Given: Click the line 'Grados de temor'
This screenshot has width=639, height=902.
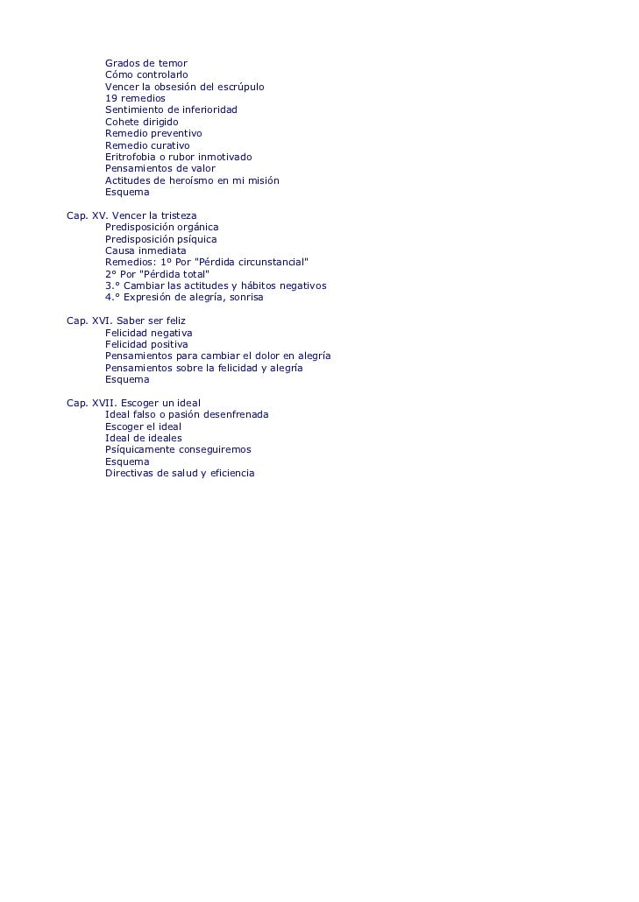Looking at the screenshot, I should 146,63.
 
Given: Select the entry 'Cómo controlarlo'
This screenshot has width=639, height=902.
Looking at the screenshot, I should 146,75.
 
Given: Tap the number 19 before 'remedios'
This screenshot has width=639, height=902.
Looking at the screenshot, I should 111,99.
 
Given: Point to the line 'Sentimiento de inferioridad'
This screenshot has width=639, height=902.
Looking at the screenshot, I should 171,110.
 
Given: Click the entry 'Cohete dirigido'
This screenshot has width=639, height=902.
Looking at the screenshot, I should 141,122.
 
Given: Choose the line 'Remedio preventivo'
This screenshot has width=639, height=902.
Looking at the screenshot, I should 153,133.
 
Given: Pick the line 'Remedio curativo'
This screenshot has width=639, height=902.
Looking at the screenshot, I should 147,145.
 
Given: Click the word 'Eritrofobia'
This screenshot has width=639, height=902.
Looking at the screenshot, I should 130,157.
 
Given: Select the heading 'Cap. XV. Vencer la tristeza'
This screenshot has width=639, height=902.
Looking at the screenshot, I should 131,215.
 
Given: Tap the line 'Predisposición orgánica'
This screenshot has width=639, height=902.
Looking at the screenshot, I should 161,227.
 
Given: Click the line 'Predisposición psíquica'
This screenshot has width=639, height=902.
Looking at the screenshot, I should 160,239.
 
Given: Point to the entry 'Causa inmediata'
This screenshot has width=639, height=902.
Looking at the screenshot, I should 146,250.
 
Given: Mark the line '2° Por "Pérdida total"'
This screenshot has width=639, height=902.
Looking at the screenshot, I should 157,274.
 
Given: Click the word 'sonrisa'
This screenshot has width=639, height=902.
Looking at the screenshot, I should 245,297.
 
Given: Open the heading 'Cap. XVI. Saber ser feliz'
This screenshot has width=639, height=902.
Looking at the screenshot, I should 126,321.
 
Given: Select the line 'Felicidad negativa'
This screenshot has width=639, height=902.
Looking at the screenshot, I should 148,333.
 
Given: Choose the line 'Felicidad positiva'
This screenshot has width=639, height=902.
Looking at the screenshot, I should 146,344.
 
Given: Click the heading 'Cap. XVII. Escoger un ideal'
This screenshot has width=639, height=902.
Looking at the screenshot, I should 133,403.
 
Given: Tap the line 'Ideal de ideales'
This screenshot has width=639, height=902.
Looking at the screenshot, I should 144,438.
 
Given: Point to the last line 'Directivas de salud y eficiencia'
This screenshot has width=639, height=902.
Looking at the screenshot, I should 180,473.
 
